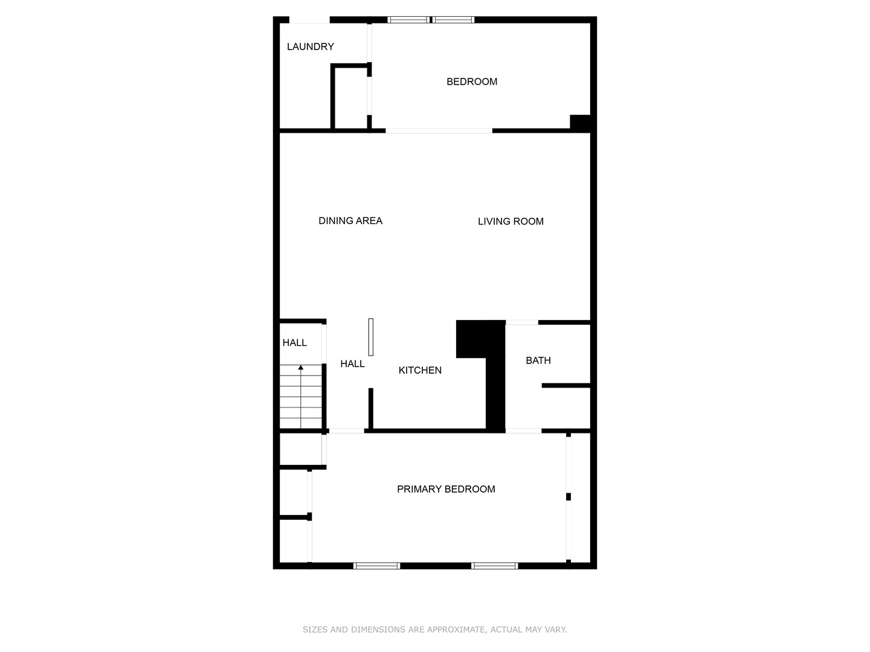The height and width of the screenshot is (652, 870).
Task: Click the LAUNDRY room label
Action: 310,46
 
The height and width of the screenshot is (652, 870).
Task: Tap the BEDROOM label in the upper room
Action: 472,81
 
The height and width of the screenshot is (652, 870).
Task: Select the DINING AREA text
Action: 350,220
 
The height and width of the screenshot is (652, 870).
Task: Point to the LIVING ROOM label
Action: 511,222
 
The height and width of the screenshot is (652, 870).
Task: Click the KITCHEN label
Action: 420,370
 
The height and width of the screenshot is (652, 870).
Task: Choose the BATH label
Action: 538,360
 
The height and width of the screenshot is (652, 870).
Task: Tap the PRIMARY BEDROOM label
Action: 446,489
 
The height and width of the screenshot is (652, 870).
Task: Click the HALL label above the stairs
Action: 294,343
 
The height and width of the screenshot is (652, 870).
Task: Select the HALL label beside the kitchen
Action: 352,363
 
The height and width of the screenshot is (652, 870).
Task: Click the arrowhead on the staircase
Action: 301,367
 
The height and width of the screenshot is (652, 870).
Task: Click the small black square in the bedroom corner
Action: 580,123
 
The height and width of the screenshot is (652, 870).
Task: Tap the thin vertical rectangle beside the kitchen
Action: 371,337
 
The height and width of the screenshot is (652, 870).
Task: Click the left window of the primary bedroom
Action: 376,566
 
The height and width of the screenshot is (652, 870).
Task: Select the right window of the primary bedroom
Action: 494,566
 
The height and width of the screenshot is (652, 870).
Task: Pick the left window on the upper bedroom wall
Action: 408,20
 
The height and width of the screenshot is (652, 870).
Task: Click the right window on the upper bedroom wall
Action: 453,20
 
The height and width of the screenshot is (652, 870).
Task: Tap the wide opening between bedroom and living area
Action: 439,130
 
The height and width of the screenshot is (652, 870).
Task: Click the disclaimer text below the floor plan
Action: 434,630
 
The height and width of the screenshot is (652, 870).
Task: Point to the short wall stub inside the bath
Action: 565,385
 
